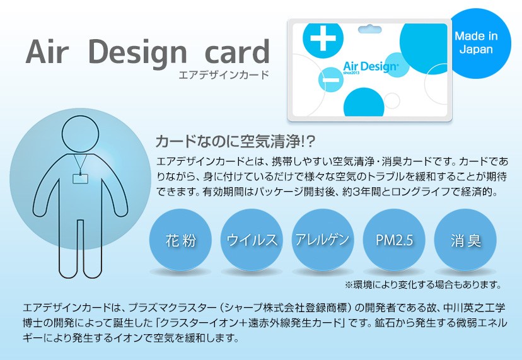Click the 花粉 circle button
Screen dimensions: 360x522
click(x=180, y=240)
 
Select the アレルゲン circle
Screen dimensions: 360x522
click(x=322, y=240)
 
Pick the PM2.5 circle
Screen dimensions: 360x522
click(x=394, y=240)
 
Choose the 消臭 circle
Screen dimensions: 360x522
click(x=465, y=240)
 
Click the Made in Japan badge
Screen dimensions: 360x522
click(x=476, y=42)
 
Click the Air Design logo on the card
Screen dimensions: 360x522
click(x=370, y=66)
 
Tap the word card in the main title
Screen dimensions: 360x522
click(x=235, y=53)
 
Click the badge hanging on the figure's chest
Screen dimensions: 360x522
click(x=80, y=178)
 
